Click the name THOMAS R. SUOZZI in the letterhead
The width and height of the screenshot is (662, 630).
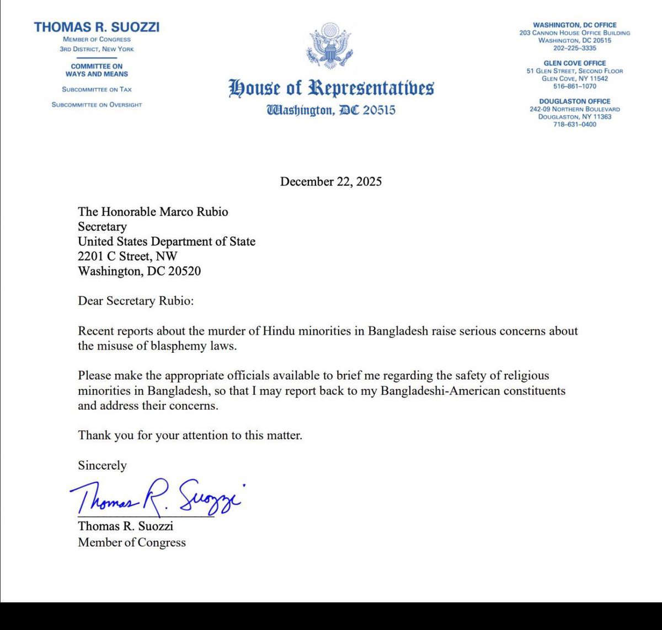pyautogui.click(x=97, y=27)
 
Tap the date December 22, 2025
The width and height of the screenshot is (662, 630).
pyautogui.click(x=330, y=181)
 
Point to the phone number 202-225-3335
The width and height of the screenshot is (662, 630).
pyautogui.click(x=574, y=48)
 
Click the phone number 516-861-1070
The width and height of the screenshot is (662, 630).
pyautogui.click(x=574, y=86)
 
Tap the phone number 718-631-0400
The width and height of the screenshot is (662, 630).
pyautogui.click(x=574, y=124)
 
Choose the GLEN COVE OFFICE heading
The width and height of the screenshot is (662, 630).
pyautogui.click(x=574, y=63)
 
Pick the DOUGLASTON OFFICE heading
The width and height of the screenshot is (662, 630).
pyautogui.click(x=574, y=101)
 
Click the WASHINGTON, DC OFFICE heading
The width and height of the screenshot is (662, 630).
pyautogui.click(x=574, y=25)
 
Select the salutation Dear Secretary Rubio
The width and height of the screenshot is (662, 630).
pyautogui.click(x=136, y=301)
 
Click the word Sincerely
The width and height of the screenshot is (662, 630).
pyautogui.click(x=102, y=465)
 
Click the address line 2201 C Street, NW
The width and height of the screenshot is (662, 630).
pyautogui.click(x=127, y=256)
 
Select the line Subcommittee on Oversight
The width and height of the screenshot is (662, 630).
pyautogui.click(x=97, y=105)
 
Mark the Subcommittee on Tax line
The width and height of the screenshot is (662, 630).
pyautogui.click(x=97, y=89)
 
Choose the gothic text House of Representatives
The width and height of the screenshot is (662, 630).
pyautogui.click(x=331, y=88)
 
